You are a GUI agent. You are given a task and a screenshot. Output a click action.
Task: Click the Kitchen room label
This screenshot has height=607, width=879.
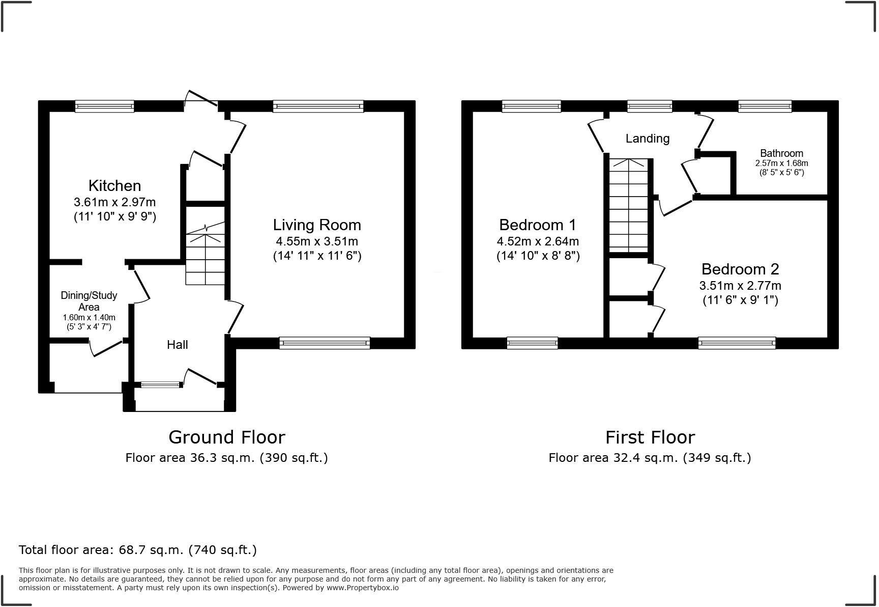[114, 185]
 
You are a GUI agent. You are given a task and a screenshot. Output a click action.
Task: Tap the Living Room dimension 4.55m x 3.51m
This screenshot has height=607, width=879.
[317, 241]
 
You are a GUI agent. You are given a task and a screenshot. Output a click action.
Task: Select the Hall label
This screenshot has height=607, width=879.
[178, 345]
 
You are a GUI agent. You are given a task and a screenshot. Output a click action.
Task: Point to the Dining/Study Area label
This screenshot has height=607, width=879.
[89, 301]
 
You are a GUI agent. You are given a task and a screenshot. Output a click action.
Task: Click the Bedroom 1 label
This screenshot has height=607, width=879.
[538, 225]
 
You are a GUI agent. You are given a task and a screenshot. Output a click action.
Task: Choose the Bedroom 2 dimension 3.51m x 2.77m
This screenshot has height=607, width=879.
[740, 286]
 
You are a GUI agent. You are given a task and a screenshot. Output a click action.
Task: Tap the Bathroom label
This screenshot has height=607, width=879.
[781, 153]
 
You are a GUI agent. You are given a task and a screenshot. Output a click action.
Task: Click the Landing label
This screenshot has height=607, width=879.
[647, 139]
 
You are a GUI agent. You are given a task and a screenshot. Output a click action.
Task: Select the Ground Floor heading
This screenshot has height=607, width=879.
[227, 437]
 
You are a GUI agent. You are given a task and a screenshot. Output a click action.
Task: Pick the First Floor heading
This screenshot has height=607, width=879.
[650, 437]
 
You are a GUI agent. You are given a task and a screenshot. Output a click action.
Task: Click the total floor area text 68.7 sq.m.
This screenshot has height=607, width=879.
[137, 550]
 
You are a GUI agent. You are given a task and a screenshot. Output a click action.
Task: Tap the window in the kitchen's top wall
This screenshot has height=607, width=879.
[104, 106]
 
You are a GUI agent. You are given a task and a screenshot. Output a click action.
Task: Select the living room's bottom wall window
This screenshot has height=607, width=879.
[325, 343]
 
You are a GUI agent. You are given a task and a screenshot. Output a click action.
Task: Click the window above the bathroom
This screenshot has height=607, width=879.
[765, 106]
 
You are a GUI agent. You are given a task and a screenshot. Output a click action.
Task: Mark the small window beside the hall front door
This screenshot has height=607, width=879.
[161, 385]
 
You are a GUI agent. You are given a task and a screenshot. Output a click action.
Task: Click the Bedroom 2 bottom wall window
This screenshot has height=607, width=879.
[737, 343]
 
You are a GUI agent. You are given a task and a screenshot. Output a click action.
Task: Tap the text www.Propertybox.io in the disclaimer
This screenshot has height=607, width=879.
[362, 588]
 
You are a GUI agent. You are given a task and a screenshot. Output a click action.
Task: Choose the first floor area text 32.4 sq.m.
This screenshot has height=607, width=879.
[650, 458]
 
